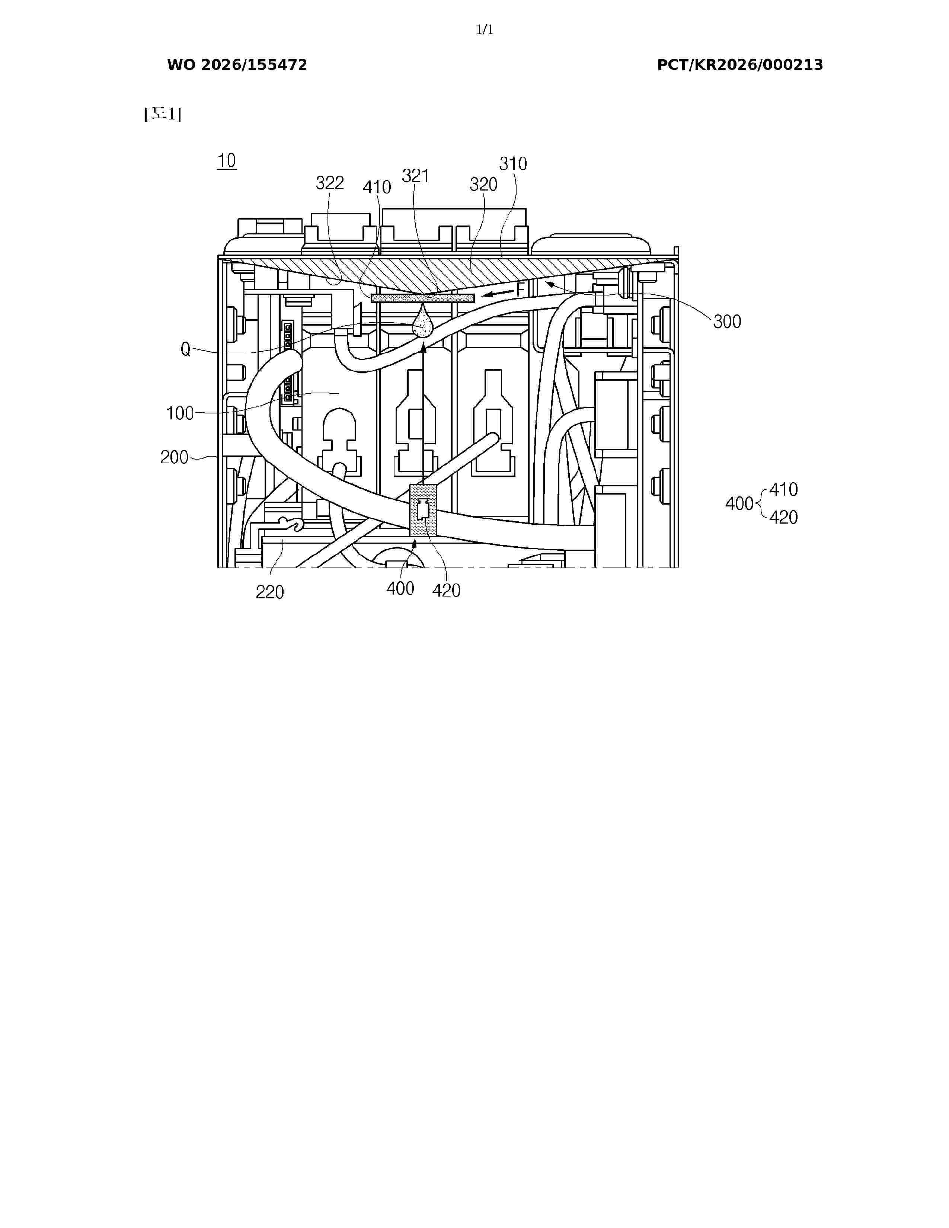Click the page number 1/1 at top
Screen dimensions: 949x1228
pos(485,30)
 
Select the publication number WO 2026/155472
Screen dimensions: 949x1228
pos(237,65)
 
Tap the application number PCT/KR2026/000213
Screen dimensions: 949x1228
pos(740,65)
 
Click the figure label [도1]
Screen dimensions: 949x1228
pos(163,114)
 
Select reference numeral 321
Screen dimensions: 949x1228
pos(415,176)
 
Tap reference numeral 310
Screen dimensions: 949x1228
pos(513,164)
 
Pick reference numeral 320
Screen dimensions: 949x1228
pos(483,185)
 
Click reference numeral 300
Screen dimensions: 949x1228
pos(727,322)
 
